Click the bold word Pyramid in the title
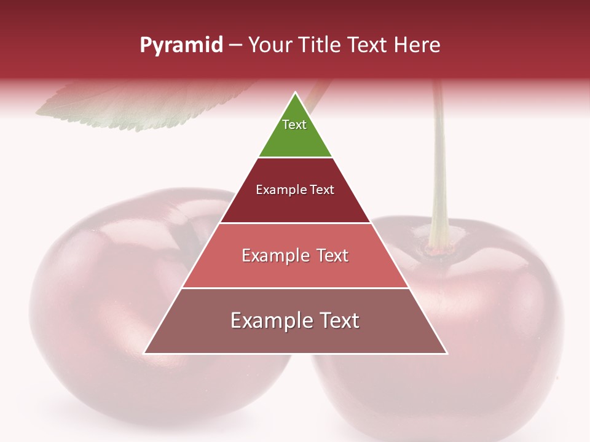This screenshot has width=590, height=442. point(181,45)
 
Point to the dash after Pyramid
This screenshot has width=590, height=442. point(235,45)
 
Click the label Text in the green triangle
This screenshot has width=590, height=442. point(294,125)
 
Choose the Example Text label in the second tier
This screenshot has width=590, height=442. point(295,190)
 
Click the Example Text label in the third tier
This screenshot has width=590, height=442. point(295,255)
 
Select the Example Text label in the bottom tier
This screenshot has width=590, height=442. point(295,320)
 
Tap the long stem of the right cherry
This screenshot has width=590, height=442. point(439,172)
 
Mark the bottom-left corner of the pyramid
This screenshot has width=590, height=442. point(145,353)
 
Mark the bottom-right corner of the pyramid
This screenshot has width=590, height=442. point(446,353)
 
